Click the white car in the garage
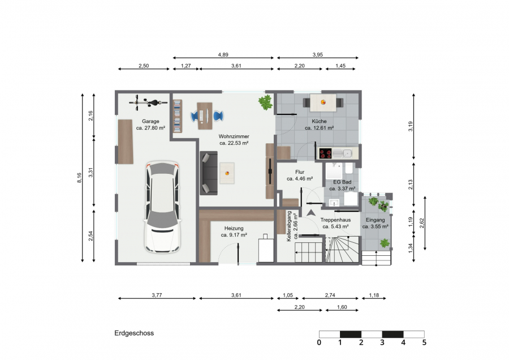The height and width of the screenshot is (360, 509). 162,207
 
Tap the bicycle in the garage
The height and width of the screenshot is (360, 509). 148,102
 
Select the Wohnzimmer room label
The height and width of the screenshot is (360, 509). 234,136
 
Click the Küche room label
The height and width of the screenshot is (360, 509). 319,121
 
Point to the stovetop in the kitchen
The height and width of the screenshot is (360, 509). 325,153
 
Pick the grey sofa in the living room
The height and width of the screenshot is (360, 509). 208,173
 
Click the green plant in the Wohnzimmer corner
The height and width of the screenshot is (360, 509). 266,102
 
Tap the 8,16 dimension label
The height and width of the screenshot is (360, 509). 79,178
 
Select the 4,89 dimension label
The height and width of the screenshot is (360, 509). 223,55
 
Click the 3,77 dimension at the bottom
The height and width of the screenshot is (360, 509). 157,295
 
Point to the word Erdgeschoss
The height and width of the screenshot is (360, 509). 134,333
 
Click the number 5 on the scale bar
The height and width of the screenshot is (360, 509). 424,342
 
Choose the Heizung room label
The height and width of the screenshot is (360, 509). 234,229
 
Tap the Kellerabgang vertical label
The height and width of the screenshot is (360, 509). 289,226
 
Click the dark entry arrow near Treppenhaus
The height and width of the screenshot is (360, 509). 311,213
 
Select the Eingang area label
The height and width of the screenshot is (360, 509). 376,220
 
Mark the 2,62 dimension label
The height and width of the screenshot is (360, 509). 422,223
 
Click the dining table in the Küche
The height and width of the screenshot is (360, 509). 323,102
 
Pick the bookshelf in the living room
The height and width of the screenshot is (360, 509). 177,116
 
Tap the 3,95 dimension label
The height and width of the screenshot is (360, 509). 317,55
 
